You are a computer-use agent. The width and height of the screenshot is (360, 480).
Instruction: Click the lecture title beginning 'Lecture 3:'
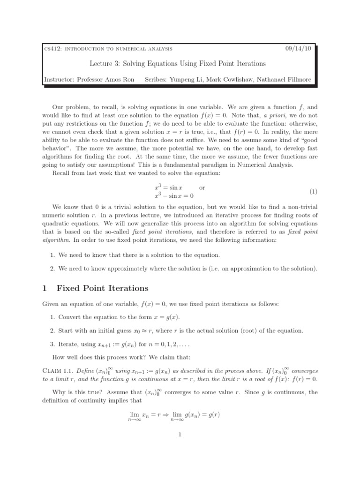tap(177, 63)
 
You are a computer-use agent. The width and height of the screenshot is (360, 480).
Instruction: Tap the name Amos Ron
tap(121, 79)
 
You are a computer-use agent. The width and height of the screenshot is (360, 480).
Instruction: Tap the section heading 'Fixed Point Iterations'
tap(102, 288)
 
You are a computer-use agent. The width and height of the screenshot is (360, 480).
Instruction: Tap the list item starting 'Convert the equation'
tap(122, 317)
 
